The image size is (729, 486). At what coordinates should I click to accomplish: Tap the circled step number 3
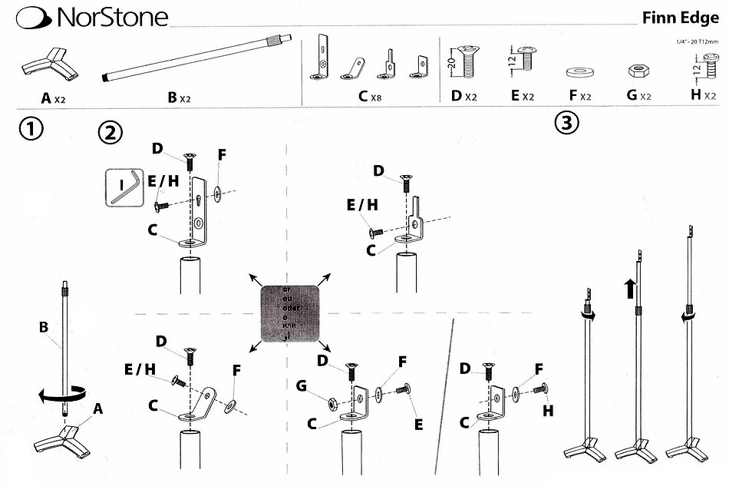tap(566, 123)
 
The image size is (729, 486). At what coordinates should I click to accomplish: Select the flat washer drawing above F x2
tap(580, 72)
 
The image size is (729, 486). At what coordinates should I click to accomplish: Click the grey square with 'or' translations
tap(289, 313)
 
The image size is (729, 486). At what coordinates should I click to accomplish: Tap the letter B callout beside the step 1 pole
tap(44, 326)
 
